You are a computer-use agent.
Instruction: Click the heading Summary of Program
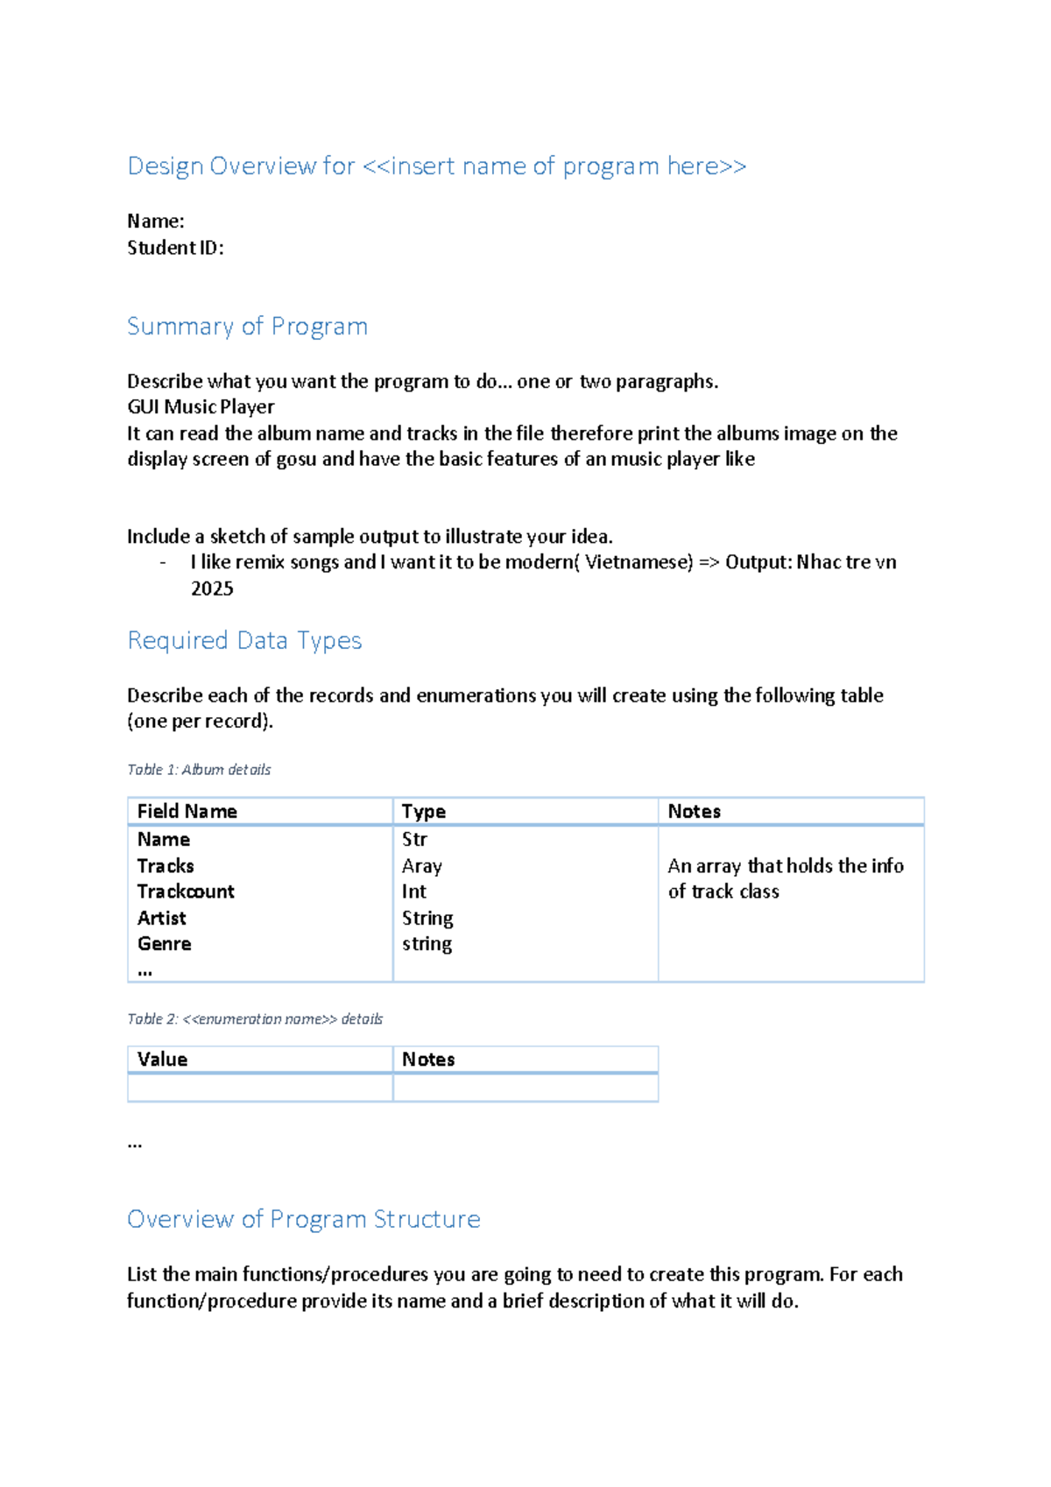point(247,327)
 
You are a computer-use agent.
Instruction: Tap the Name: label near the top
point(155,221)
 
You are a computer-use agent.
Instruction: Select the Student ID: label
point(175,248)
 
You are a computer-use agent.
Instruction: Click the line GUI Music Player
point(201,407)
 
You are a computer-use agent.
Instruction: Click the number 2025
point(212,588)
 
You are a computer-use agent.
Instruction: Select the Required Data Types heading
point(244,641)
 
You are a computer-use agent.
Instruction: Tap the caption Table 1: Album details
point(199,770)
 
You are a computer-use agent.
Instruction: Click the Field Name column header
point(187,812)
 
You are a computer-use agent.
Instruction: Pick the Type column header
point(423,812)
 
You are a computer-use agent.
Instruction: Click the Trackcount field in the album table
point(186,891)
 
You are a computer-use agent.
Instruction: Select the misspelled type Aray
point(421,866)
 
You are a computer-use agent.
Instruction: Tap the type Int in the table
point(413,891)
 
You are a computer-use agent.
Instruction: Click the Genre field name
point(164,944)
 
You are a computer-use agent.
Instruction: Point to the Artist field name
point(161,918)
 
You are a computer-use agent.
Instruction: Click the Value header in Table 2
point(162,1060)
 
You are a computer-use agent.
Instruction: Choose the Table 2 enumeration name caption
point(255,1019)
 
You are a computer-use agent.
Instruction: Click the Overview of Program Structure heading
point(303,1220)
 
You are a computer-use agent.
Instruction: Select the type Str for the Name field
point(414,840)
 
